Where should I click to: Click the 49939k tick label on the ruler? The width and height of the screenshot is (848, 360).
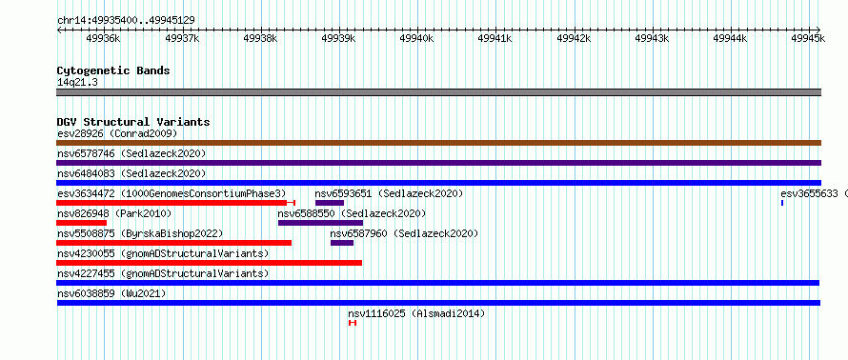pyautogui.click(x=338, y=38)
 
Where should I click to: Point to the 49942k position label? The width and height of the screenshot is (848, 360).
pyautogui.click(x=574, y=38)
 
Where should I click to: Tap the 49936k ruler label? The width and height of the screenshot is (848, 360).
pyautogui.click(x=103, y=38)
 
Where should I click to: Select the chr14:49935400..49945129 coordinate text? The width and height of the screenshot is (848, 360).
pyautogui.click(x=126, y=21)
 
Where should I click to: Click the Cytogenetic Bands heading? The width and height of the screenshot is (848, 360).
pyautogui.click(x=113, y=70)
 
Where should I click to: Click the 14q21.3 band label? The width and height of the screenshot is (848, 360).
pyautogui.click(x=77, y=83)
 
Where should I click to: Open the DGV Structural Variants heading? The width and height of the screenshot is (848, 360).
pyautogui.click(x=133, y=122)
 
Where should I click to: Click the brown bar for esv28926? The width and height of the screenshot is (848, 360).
pyautogui.click(x=438, y=143)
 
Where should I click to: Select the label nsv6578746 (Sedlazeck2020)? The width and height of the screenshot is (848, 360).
pyautogui.click(x=131, y=154)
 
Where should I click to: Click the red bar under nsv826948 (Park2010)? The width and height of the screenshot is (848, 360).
pyautogui.click(x=81, y=223)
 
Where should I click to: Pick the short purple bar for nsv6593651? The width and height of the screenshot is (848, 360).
pyautogui.click(x=330, y=203)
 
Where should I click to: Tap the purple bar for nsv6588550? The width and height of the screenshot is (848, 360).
pyautogui.click(x=321, y=223)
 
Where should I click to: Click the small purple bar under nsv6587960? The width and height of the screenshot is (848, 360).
pyautogui.click(x=342, y=243)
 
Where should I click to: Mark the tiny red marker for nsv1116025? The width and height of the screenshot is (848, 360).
pyautogui.click(x=353, y=323)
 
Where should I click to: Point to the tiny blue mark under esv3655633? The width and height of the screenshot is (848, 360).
pyautogui.click(x=782, y=203)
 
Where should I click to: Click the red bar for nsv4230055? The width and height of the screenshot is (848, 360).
pyautogui.click(x=210, y=263)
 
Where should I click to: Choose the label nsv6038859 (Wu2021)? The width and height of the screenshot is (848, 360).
pyautogui.click(x=111, y=293)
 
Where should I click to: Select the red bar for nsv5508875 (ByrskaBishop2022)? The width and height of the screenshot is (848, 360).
pyautogui.click(x=174, y=243)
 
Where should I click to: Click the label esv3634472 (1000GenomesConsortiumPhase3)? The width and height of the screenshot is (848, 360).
pyautogui.click(x=172, y=193)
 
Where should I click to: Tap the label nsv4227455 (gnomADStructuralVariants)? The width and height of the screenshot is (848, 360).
pyautogui.click(x=163, y=273)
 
